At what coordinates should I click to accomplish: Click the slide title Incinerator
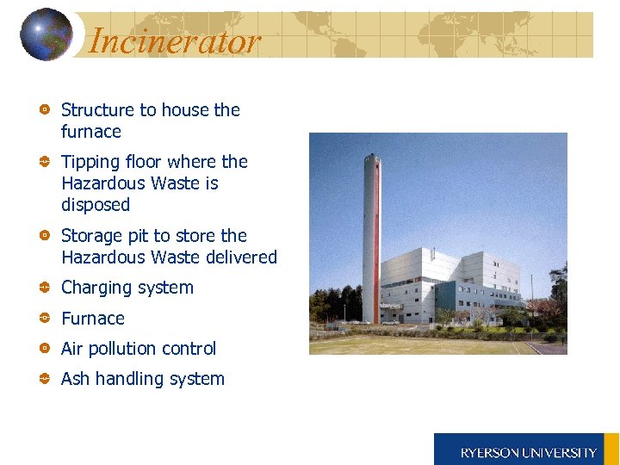click(x=174, y=40)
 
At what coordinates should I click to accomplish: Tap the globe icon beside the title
click(x=46, y=34)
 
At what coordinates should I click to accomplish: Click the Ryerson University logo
click(x=526, y=451)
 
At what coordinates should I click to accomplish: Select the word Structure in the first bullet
click(x=97, y=110)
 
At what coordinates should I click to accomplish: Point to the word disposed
click(x=96, y=205)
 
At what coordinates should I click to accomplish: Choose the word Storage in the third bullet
click(x=90, y=236)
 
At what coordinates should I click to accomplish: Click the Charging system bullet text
click(x=127, y=288)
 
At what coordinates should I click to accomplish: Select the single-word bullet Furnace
click(x=93, y=319)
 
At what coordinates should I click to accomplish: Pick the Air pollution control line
click(x=139, y=349)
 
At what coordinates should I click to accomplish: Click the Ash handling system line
click(x=143, y=379)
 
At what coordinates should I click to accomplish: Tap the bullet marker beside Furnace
click(x=45, y=319)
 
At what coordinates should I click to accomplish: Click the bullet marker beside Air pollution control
click(x=45, y=349)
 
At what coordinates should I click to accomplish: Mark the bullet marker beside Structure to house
click(x=45, y=110)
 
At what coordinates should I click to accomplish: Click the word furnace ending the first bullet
click(x=91, y=132)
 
